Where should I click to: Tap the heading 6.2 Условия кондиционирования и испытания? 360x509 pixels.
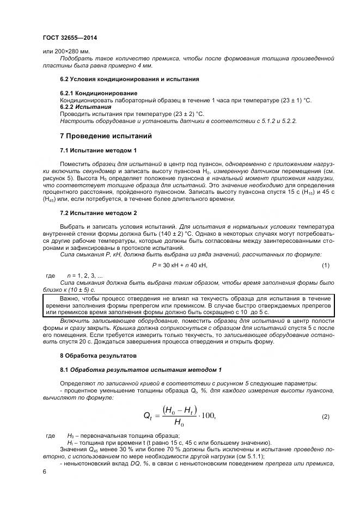[x=129, y=79]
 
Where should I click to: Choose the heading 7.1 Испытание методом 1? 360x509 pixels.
[x=98, y=150]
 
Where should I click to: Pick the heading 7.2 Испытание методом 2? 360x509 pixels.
[x=98, y=212]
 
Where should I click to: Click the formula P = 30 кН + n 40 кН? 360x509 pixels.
[x=180, y=265]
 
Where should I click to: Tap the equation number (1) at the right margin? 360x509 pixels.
[x=326, y=265]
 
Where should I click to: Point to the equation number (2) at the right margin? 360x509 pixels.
[x=326, y=416]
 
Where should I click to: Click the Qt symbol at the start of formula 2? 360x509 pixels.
[x=148, y=416]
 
